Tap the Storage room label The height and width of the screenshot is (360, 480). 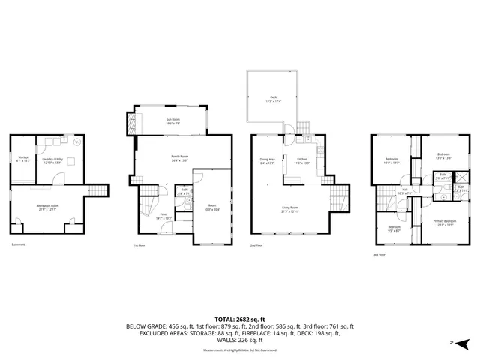23,158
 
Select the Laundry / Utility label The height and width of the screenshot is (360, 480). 52,158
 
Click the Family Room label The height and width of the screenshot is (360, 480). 179,157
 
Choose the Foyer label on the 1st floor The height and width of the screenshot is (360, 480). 163,217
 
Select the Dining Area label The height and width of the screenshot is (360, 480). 267,160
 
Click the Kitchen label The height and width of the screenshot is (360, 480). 302,160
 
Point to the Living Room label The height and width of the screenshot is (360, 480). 289,210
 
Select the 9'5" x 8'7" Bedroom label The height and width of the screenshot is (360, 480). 394,229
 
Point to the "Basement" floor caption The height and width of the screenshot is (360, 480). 18,245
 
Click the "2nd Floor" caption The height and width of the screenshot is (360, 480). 256,245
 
